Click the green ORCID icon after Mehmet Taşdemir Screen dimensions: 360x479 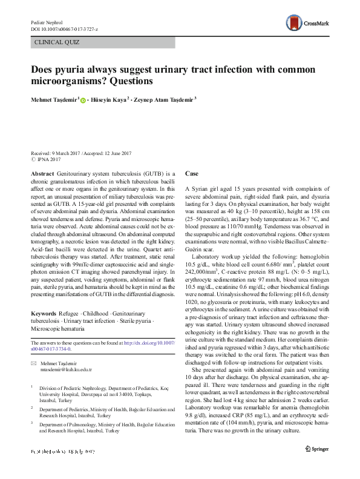[x=83, y=99]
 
